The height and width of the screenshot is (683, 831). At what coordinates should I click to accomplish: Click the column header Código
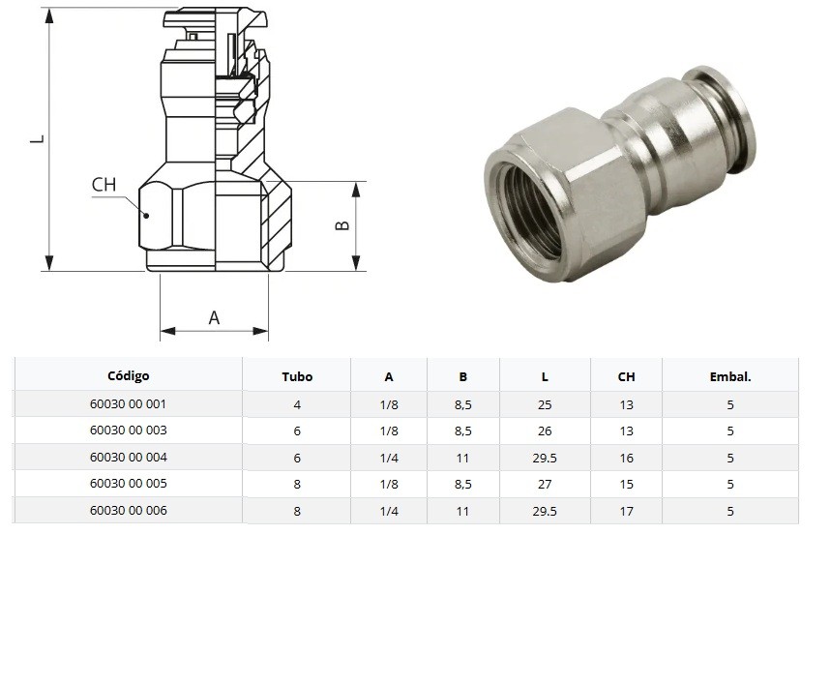128,376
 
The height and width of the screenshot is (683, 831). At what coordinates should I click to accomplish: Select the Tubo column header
297,377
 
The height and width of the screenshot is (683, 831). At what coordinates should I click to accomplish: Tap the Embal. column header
729,377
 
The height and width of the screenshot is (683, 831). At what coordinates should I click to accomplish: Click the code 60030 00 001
128,403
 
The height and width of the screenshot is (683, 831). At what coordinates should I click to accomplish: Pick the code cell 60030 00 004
128,457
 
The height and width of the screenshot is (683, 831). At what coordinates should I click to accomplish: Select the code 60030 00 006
128,510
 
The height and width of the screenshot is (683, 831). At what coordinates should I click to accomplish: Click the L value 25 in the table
545,404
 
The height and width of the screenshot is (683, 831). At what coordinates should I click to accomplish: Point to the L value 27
545,485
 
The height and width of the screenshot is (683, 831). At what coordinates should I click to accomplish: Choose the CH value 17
626,511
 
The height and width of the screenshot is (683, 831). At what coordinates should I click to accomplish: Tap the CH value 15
626,485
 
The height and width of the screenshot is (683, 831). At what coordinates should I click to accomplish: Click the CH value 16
626,458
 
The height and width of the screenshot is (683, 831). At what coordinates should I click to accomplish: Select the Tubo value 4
297,404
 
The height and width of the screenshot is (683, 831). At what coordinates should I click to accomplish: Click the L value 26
545,431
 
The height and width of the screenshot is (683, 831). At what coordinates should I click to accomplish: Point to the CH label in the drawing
104,185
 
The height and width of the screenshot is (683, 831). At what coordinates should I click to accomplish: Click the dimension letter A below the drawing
214,317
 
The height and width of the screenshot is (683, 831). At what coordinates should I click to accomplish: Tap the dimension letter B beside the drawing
341,225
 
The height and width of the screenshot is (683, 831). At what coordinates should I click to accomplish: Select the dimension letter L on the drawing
36,139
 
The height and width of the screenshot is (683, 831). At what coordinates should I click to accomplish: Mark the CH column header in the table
626,377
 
